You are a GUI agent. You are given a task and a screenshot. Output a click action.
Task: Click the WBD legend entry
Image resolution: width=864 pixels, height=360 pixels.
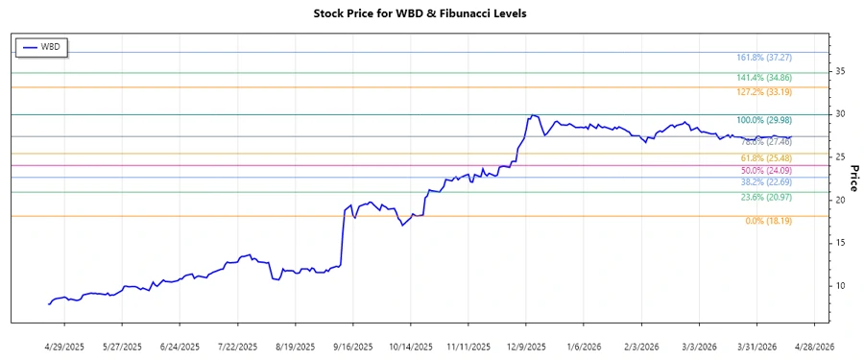[42, 47]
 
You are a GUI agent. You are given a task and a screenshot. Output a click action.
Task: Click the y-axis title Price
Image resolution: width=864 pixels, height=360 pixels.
[853, 178]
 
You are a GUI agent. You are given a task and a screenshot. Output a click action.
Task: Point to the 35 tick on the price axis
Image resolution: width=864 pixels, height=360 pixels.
[839, 71]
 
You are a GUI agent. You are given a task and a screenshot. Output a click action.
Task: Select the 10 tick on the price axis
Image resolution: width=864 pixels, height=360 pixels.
[839, 286]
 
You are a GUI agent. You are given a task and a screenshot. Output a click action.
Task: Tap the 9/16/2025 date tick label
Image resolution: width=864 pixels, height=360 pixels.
[352, 346]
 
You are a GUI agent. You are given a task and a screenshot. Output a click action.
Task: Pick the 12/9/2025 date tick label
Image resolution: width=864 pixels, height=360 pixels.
[526, 346]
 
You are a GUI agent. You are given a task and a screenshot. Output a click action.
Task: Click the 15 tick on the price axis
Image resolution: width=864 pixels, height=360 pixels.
[839, 243]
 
